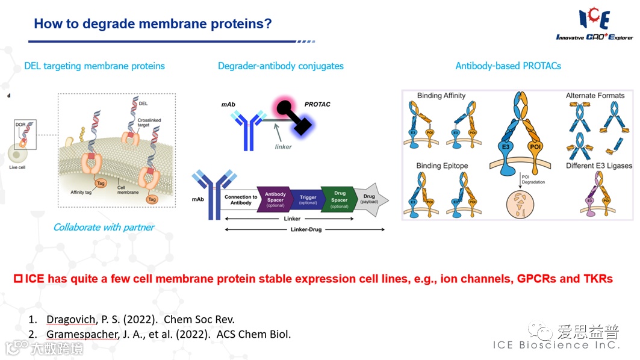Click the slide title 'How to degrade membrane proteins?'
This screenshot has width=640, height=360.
coord(153,24)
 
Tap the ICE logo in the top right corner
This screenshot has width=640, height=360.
coord(594,24)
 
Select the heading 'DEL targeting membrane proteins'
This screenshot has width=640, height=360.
coord(95,66)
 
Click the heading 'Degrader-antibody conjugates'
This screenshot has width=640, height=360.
coord(281,66)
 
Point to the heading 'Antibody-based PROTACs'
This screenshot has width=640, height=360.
coord(508,66)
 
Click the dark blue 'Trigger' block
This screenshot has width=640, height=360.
coord(308,200)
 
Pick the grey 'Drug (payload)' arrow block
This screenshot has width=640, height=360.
coord(370,199)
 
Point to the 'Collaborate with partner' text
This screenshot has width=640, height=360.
coord(104,227)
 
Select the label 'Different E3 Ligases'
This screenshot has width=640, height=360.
coord(599,166)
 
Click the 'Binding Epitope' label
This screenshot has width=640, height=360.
coord(442,166)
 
